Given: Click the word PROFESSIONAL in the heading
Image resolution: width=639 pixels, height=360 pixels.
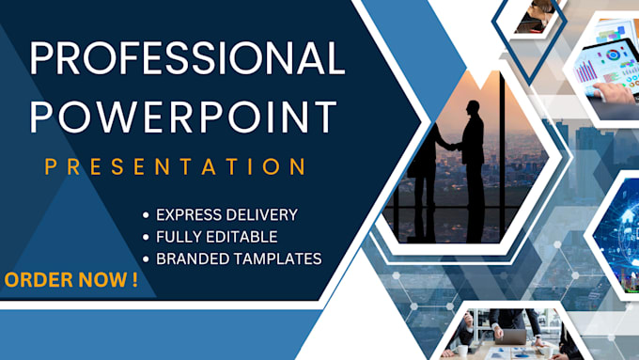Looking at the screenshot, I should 187,60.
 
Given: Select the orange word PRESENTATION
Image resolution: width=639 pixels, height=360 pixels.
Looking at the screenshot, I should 176,166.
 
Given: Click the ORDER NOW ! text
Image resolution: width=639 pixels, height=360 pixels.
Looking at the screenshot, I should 71,279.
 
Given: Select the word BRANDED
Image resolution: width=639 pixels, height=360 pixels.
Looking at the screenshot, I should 192,258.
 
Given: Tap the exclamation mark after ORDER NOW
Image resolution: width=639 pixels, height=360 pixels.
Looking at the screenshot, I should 134,279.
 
